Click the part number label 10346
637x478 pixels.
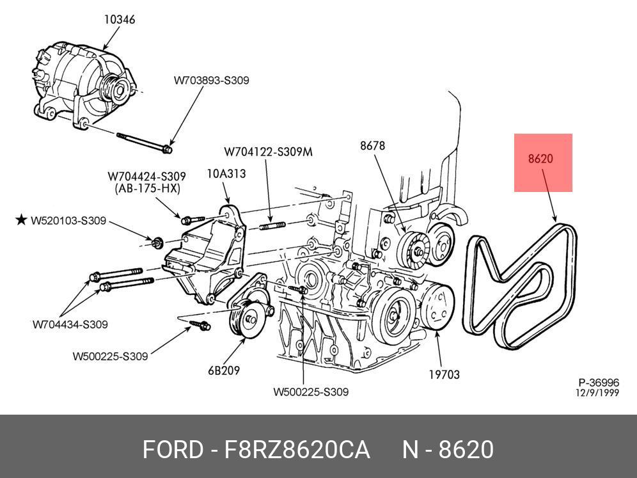coord(120,20)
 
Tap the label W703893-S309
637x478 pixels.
coord(211,81)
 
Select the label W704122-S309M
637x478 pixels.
coord(268,152)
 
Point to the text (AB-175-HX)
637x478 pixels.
coord(147,189)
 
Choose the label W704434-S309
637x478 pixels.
coord(70,324)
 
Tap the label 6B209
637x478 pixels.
coord(223,370)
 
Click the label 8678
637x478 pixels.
coord(372,145)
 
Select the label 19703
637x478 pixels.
coord(444,374)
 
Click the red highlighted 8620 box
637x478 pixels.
coord(543,163)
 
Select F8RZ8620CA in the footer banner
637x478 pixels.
coord(297,450)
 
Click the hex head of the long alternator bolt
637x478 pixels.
coord(168,150)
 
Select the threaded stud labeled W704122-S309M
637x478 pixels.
coord(271,226)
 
